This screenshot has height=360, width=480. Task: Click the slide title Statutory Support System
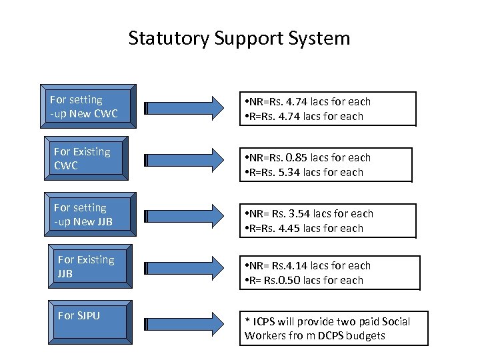point(239,38)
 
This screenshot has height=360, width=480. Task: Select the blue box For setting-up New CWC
point(88,106)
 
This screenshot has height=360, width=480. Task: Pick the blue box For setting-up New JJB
point(88,215)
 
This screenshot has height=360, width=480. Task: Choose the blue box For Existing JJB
point(92,267)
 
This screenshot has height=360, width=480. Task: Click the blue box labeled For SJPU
point(92,321)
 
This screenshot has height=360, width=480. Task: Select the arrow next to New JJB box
point(186,215)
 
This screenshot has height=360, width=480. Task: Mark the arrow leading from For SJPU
point(186,323)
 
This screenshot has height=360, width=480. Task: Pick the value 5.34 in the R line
point(297,173)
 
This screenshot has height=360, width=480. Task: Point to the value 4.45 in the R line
point(297,229)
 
